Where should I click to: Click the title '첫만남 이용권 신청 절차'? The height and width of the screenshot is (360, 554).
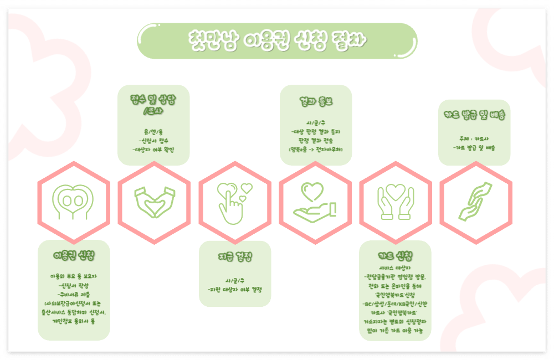pos(276,40)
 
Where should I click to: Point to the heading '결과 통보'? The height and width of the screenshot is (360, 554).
pos(316,102)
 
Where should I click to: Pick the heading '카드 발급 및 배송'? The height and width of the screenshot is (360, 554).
pos(474,115)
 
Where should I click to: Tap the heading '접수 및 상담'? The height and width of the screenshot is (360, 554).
pos(153,100)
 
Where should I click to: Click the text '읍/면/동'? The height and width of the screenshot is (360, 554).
pos(153,132)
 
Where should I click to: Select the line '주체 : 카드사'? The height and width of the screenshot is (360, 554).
pos(474,139)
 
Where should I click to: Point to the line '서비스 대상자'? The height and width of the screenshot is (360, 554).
pos(395,268)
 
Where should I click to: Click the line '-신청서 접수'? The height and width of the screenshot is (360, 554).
pos(153,141)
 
